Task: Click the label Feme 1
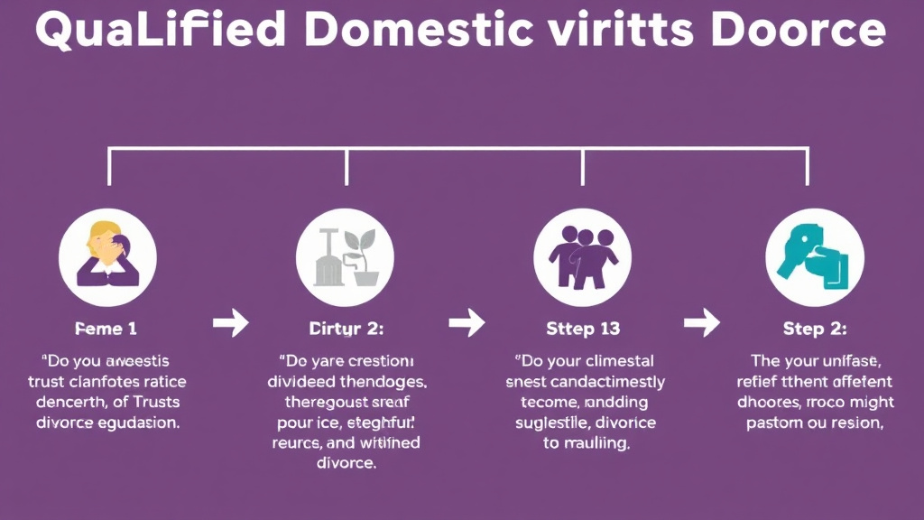[x=106, y=329]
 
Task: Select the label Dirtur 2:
[x=346, y=329]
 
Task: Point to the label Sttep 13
[x=583, y=329]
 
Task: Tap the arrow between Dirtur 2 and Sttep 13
[x=466, y=321]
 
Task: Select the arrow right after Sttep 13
[x=701, y=321]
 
